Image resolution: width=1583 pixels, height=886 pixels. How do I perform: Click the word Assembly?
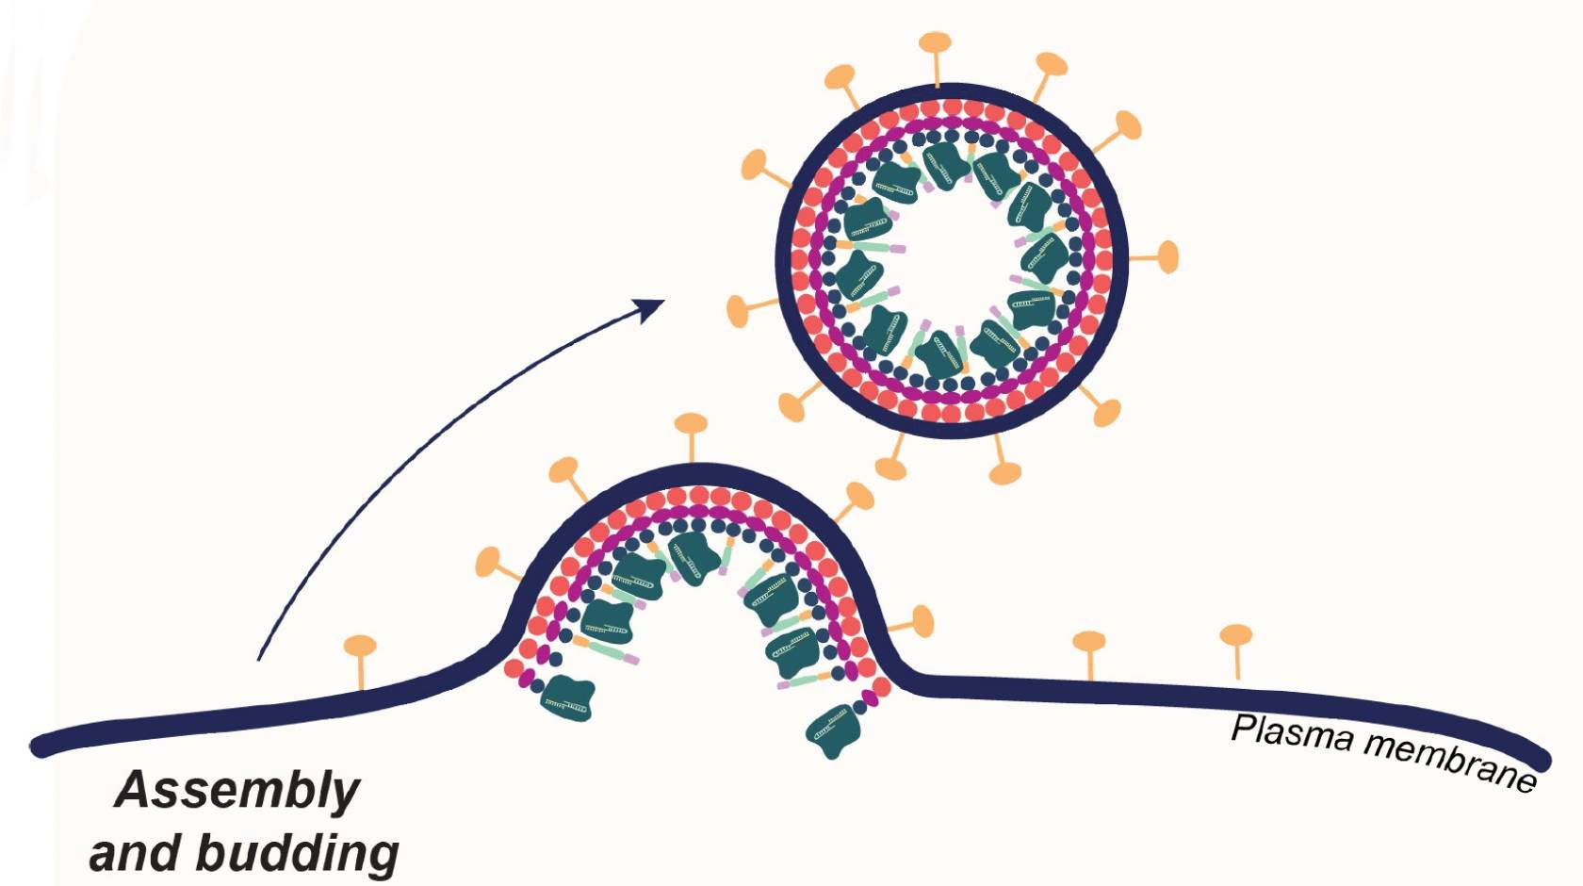[x=237, y=790]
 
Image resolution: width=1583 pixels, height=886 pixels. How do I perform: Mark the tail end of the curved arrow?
[x=259, y=658]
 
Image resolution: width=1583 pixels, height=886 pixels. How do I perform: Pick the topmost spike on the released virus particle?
[x=935, y=43]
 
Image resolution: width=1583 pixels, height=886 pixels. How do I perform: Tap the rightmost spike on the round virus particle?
[x=1167, y=256]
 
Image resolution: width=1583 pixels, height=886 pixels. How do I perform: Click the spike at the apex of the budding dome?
[x=692, y=424]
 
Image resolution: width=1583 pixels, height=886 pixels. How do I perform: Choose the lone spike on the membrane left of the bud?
[x=360, y=648]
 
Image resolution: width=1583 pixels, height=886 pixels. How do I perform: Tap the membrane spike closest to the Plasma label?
[x=1236, y=636]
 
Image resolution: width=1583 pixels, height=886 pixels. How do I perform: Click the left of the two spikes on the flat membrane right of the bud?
[x=1089, y=643]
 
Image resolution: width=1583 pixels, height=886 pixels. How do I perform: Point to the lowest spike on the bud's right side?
[x=922, y=621]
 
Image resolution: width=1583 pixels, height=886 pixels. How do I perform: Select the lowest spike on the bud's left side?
[x=488, y=563]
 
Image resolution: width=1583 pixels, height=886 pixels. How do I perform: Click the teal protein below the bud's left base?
[x=567, y=698]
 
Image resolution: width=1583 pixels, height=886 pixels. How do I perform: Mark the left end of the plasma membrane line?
[x=40, y=746]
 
